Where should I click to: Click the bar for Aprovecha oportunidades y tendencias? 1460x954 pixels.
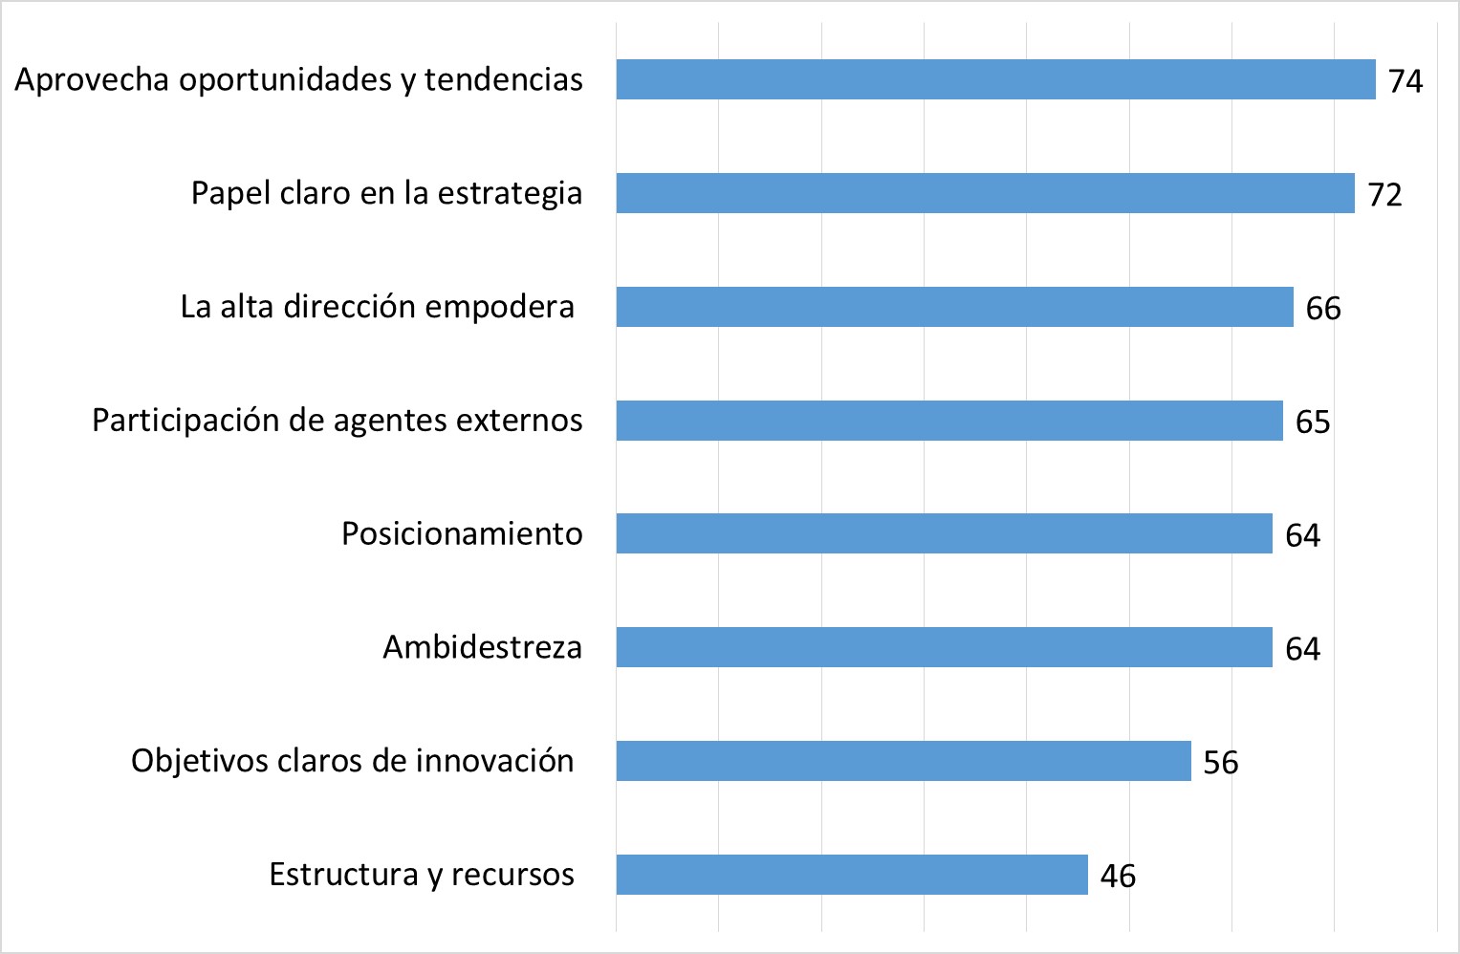pos(995,79)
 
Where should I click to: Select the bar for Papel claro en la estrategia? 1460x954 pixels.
pos(985,193)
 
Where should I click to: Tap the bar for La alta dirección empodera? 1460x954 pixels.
pos(954,307)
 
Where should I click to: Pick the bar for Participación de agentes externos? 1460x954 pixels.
pos(949,421)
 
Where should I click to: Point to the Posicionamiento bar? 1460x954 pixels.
pos(944,533)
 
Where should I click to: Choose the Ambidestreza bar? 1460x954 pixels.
pos(944,647)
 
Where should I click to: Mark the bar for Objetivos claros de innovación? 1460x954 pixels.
pos(904,761)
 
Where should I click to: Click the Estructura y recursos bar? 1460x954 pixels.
pos(852,875)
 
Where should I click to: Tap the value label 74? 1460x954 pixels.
pos(1406,81)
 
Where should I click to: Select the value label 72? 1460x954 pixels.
pos(1384,195)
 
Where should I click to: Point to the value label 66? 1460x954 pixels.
pos(1323,309)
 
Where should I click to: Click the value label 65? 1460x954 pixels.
pos(1313,423)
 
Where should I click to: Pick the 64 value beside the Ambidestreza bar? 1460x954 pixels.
pos(1302,649)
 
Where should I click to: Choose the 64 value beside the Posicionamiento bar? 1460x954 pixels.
pos(1302,535)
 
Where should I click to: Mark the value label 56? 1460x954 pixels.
pos(1221,763)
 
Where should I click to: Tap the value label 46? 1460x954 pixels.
pos(1118,877)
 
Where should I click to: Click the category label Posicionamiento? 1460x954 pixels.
pos(462,533)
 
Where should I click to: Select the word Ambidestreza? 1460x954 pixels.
pos(482,647)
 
